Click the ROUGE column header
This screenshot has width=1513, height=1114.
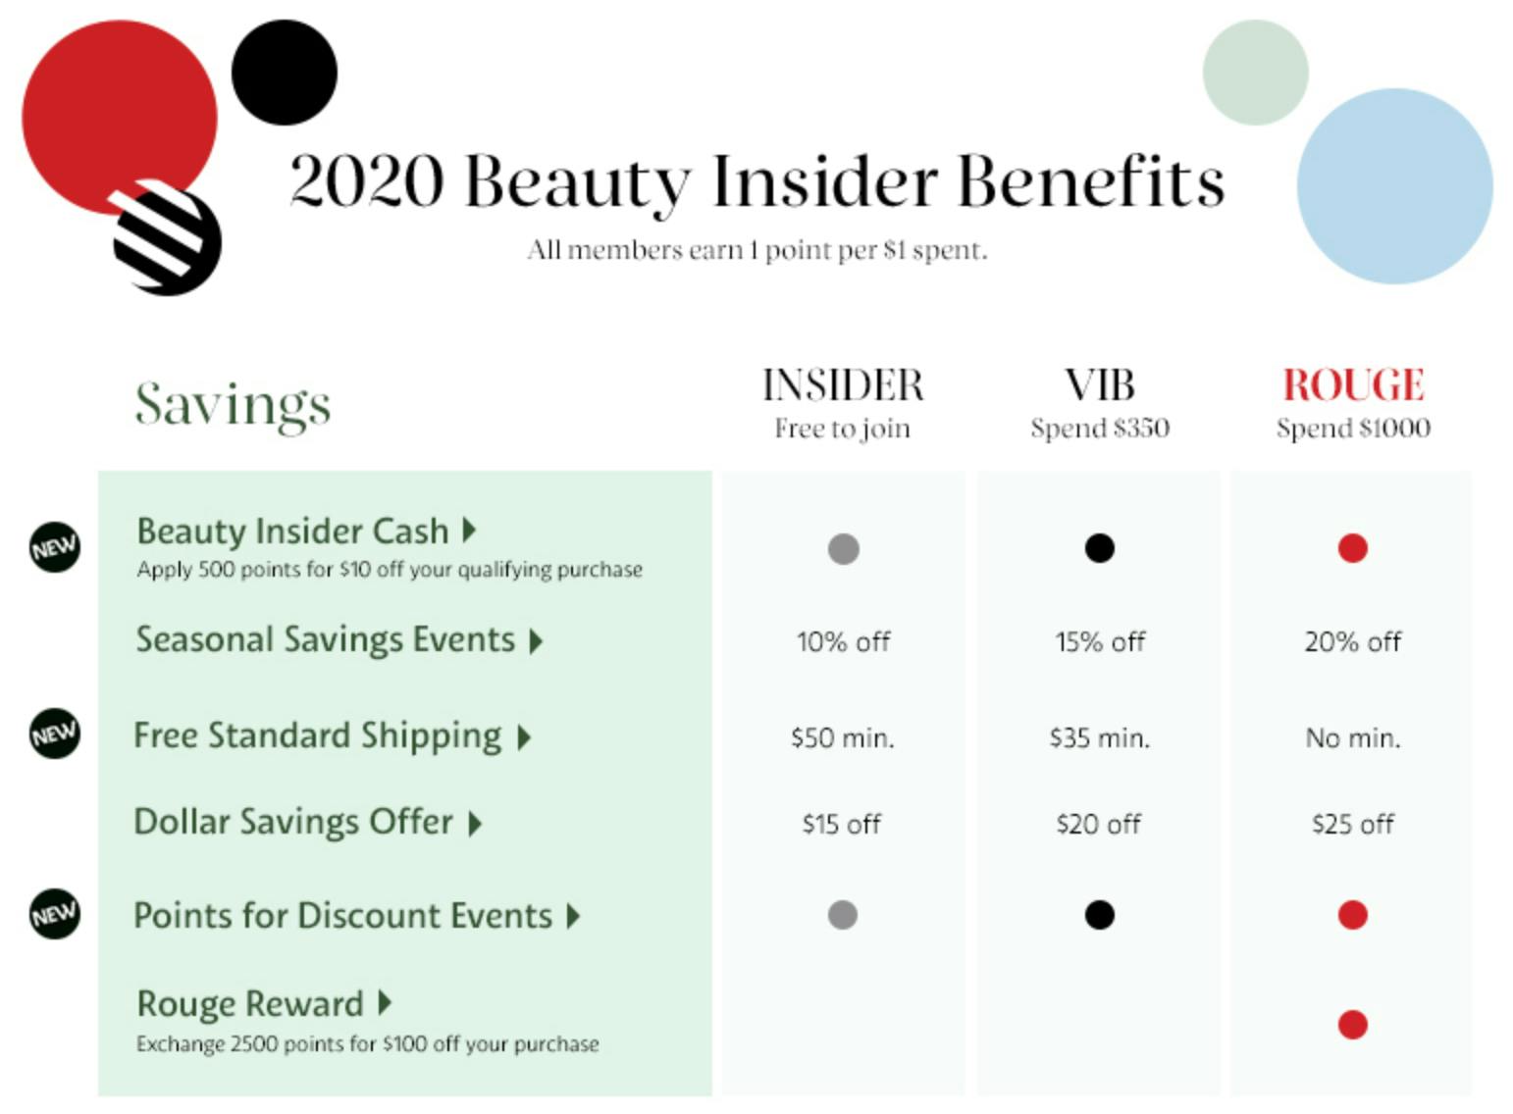1354,385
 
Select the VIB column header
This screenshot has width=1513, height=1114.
1100,385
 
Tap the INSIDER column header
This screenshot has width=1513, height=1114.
843,385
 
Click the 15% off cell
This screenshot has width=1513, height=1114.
1100,642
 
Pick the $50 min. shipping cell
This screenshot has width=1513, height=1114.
843,738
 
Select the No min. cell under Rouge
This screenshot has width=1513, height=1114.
1353,738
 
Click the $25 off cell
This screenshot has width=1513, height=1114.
1353,825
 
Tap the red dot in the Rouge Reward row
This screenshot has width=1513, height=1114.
1353,1025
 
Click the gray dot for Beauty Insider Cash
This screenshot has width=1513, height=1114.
844,548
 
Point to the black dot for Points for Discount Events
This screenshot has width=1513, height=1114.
1100,916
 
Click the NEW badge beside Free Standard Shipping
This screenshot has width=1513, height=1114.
55,734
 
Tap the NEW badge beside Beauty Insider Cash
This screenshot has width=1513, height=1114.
55,547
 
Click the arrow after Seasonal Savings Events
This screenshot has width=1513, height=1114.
536,641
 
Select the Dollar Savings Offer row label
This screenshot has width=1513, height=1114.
293,823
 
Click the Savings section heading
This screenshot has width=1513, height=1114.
233,405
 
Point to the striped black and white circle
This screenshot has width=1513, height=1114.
166,237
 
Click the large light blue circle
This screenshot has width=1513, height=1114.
1395,186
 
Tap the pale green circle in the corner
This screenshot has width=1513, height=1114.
1256,73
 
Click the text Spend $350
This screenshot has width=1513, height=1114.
1100,429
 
